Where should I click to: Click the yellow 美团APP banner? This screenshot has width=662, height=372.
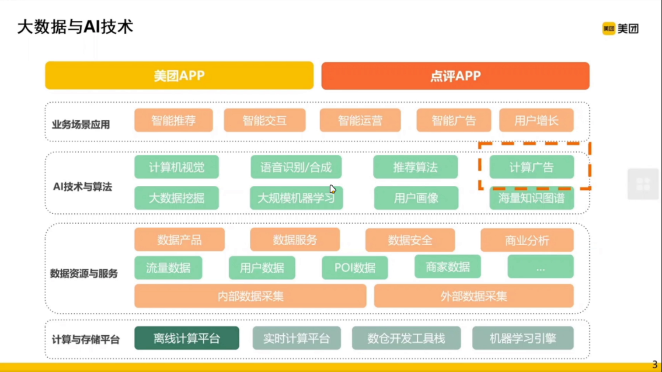(179, 76)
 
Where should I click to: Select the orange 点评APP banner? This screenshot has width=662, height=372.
(455, 76)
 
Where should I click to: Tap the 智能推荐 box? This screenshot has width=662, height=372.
(174, 120)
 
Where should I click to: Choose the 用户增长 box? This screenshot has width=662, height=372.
(536, 120)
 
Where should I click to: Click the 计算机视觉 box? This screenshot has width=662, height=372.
(176, 167)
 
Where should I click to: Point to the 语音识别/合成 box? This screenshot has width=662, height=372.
(296, 167)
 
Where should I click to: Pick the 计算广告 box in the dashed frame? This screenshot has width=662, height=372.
(531, 167)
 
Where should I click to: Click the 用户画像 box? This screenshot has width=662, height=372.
(416, 198)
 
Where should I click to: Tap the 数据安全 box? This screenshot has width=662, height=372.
(410, 240)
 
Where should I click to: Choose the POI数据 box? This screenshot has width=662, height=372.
(355, 268)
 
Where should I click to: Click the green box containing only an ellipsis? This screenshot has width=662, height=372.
(540, 267)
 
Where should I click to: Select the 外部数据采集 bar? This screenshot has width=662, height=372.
(474, 296)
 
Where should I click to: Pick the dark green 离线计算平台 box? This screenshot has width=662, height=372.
(187, 338)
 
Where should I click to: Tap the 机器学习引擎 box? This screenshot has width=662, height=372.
(523, 338)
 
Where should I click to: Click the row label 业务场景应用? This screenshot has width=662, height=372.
(81, 125)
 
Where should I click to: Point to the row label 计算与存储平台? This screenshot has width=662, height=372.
(86, 340)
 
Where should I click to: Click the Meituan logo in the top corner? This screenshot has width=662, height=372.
(620, 29)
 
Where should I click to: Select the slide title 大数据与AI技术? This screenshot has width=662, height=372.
(75, 27)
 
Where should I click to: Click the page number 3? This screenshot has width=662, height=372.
(655, 365)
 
